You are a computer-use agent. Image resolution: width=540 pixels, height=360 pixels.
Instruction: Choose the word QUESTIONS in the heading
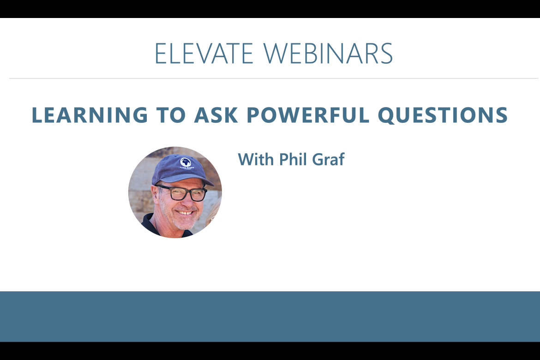(443, 115)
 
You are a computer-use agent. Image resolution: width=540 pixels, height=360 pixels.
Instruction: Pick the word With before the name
(257, 160)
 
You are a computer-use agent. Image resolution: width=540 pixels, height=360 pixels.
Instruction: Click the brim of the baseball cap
(194, 180)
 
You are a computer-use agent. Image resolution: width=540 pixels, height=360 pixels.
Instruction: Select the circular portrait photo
(175, 192)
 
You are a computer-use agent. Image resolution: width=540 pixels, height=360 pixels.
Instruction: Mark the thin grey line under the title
(270, 78)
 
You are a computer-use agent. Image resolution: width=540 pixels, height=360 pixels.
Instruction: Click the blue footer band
(270, 316)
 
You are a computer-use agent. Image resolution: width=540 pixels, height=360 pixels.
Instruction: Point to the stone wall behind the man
(141, 185)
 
